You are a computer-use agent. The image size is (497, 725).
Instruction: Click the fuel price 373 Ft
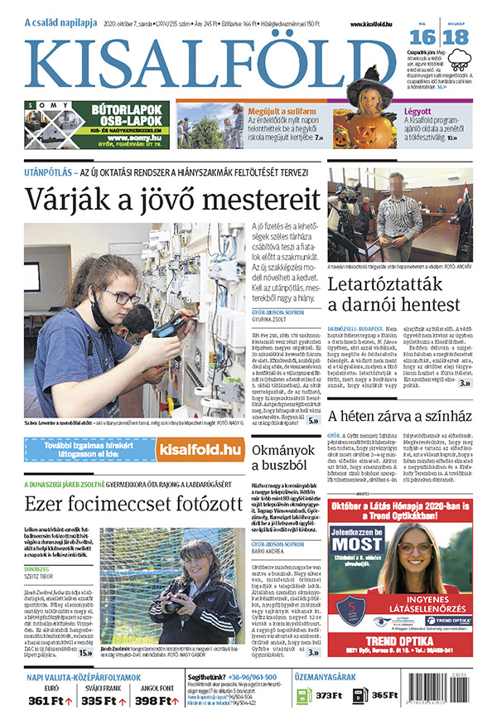329,696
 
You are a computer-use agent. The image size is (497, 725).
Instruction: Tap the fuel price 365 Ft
385,696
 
